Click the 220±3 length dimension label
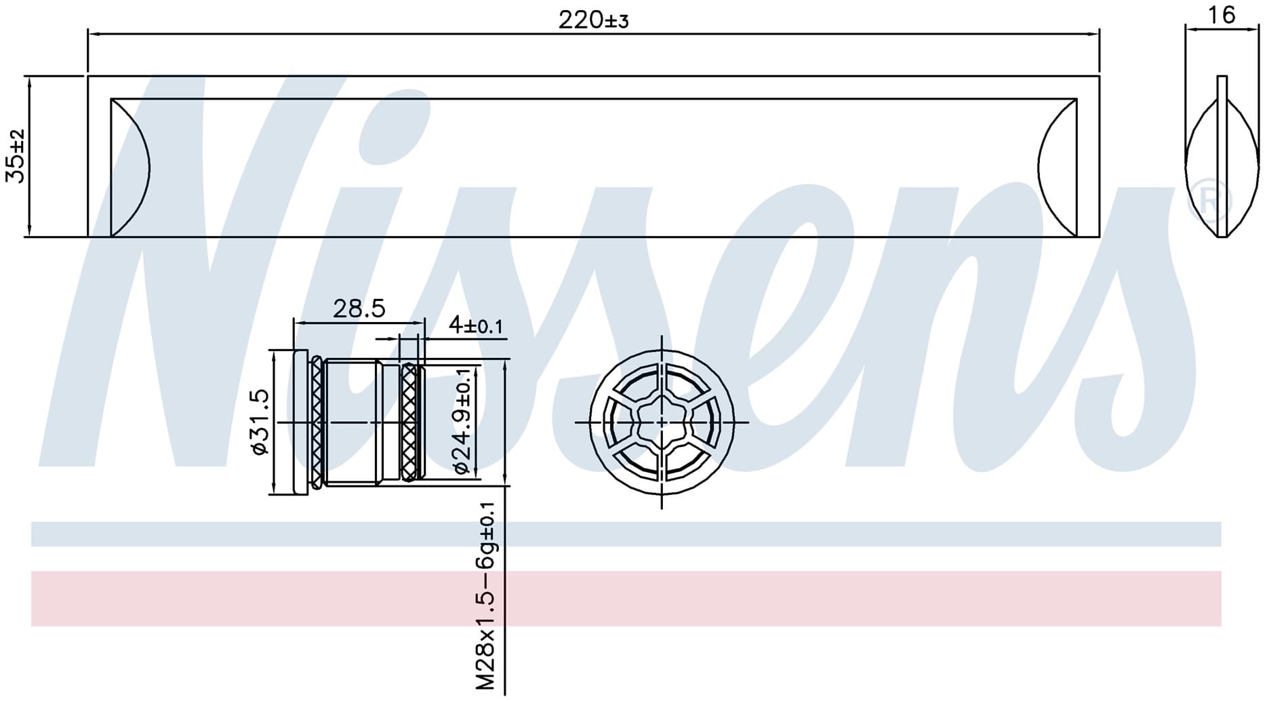[593, 20]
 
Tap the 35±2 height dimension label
[16, 156]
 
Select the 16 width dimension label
[1222, 15]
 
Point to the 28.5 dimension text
[359, 308]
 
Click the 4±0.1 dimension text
[476, 325]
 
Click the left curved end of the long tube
[130, 167]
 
